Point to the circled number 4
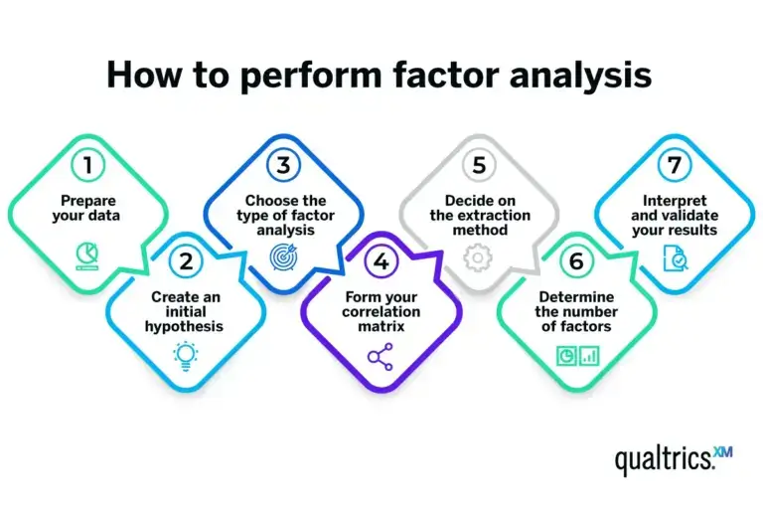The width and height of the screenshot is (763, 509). (x=380, y=263)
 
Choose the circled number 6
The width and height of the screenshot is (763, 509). (x=575, y=262)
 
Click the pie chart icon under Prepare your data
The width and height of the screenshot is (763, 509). (x=86, y=255)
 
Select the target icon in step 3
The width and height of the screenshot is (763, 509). (x=281, y=256)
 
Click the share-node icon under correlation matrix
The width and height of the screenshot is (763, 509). (x=379, y=355)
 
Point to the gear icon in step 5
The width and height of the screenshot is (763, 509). (x=478, y=257)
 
